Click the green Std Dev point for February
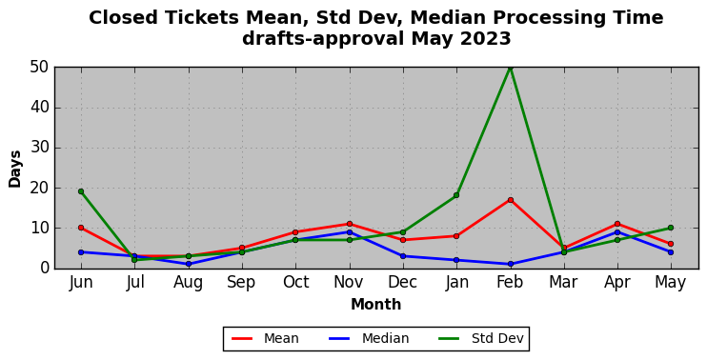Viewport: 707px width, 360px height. point(511,68)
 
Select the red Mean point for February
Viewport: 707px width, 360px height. point(511,200)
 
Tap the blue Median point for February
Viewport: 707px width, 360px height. point(511,264)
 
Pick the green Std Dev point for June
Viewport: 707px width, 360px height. point(81,191)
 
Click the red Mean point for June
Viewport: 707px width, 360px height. point(81,228)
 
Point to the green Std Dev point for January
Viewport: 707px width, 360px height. point(456,195)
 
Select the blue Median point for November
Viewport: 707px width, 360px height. point(350,232)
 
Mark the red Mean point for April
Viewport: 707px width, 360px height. point(617,224)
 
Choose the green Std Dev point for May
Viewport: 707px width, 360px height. point(671,228)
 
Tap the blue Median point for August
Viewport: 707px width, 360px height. point(189,264)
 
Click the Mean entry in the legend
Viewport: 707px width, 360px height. point(265,338)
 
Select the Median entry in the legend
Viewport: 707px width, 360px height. point(369,338)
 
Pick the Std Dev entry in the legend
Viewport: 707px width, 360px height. point(481,338)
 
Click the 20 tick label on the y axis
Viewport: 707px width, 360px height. point(40,189)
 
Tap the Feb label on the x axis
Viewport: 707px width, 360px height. point(510,283)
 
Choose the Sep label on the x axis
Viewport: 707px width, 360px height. point(242,283)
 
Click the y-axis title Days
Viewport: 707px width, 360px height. point(15,169)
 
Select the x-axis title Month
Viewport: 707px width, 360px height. point(376,305)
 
